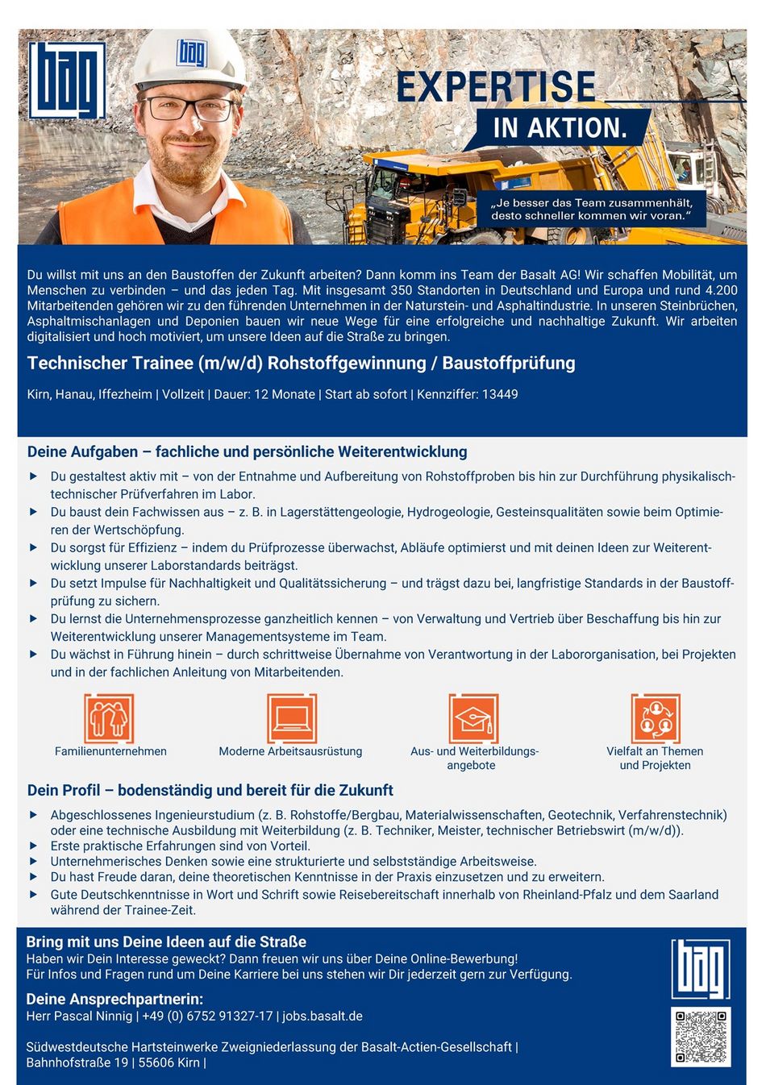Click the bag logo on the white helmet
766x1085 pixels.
192,53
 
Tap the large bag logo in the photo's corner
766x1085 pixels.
67,80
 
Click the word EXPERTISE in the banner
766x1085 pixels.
496,88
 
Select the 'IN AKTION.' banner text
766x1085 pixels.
560,128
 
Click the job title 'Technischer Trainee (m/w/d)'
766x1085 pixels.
145,364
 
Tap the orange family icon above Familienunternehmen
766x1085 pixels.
109,717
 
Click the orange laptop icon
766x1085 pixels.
291,717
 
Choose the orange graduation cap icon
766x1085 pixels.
473,717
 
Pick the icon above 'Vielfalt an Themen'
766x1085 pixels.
656,717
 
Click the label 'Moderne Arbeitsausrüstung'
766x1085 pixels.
290,751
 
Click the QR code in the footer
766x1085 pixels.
701,1037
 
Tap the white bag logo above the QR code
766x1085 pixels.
701,969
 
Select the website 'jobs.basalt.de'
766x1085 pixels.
323,1016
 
